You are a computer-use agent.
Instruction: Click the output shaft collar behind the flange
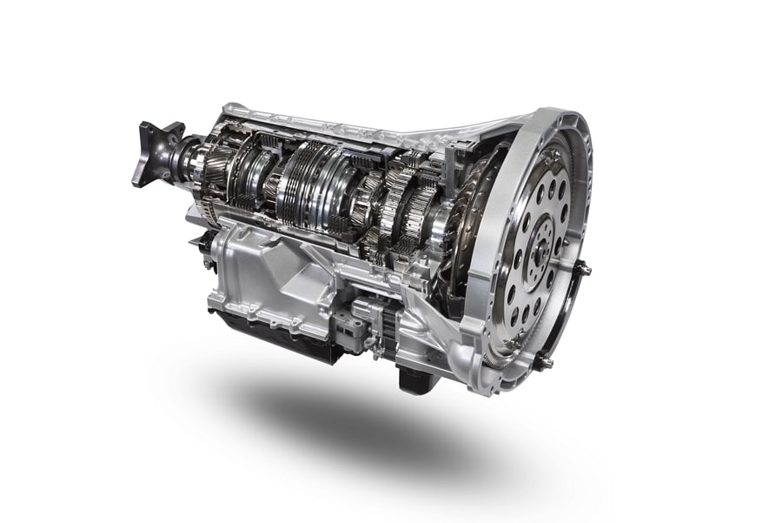[x=187, y=157]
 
